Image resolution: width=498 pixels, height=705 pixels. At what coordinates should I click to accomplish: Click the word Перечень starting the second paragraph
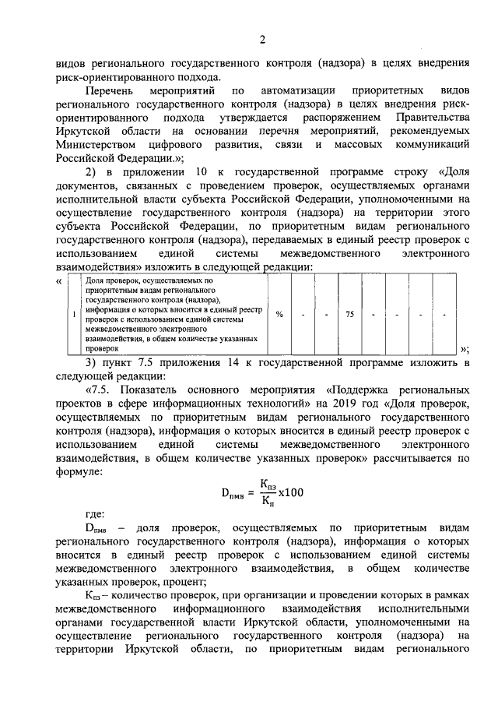click(110, 91)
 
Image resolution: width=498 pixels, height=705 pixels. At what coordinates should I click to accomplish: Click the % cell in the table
click(279, 313)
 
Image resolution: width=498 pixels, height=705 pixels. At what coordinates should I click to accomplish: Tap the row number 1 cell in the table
click(73, 313)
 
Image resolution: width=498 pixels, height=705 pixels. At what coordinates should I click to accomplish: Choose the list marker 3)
click(91, 363)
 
